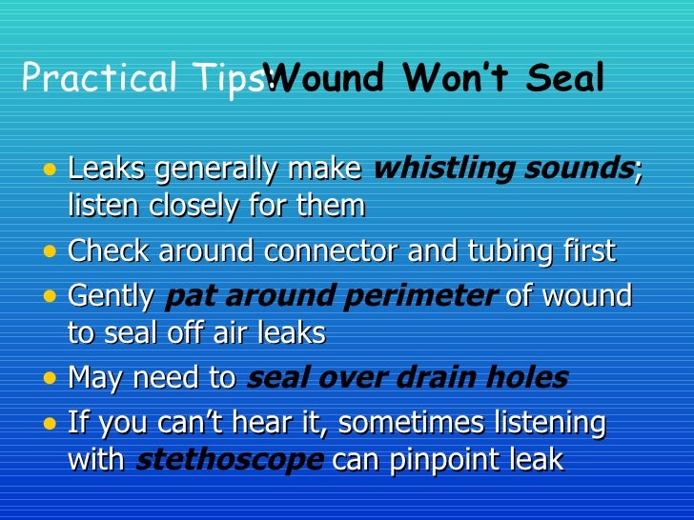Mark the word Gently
pos(112,296)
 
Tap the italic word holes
pos(534,378)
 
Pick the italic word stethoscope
pos(230,460)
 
